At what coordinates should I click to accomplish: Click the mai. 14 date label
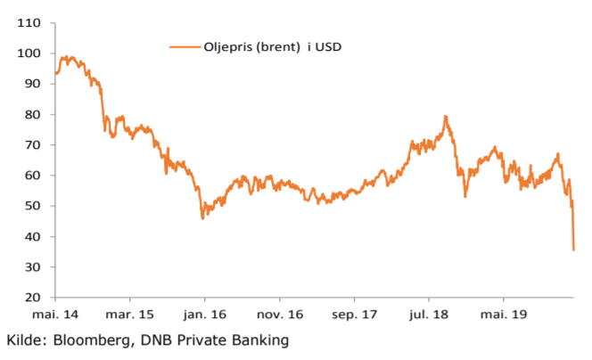pos(55,315)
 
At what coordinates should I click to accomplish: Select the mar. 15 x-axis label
pos(129,315)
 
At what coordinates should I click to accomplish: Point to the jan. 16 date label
pos(203,315)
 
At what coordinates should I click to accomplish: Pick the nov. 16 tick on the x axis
pos(279,315)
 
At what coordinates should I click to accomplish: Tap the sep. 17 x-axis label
pos(353,315)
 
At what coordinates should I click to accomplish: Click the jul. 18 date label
pos(429,315)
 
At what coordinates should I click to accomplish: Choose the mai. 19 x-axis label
pos(503,315)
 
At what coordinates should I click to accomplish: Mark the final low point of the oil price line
pos(573,250)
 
